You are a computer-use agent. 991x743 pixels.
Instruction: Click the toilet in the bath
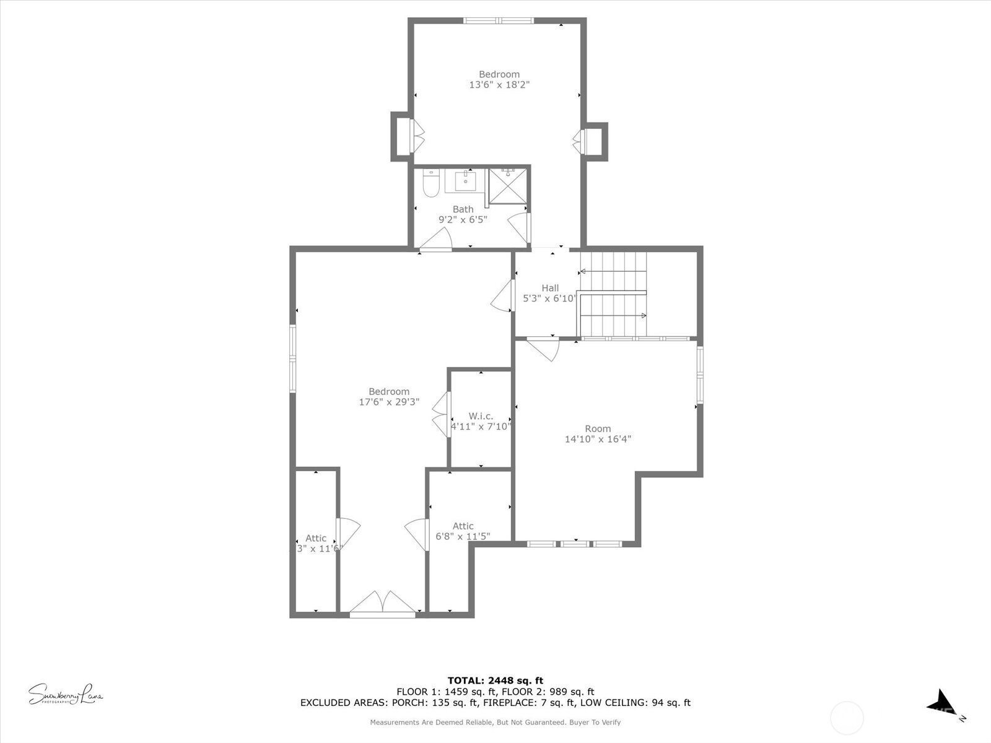pos(431,183)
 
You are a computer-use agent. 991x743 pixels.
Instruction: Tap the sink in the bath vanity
pos(465,181)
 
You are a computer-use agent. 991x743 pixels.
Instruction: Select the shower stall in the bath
pos(508,185)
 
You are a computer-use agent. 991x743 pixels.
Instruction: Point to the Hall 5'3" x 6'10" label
pos(550,293)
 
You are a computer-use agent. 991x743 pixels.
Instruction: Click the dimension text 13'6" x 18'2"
pos(499,85)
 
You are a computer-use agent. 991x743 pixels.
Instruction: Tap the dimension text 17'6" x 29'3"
pos(389,402)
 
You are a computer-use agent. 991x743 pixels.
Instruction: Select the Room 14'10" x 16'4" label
pos(598,433)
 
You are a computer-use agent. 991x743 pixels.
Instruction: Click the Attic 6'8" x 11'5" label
pos(463,531)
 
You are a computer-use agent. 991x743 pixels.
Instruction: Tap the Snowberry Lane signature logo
pos(65,694)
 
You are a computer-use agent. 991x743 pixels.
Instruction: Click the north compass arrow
pos(943,703)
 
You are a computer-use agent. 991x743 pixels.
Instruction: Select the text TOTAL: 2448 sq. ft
pos(495,680)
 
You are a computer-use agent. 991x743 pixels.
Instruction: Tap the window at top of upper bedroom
pos(499,20)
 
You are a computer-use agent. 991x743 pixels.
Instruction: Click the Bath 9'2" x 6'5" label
pos(463,214)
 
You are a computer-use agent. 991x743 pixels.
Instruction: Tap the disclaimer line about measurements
pos(495,722)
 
